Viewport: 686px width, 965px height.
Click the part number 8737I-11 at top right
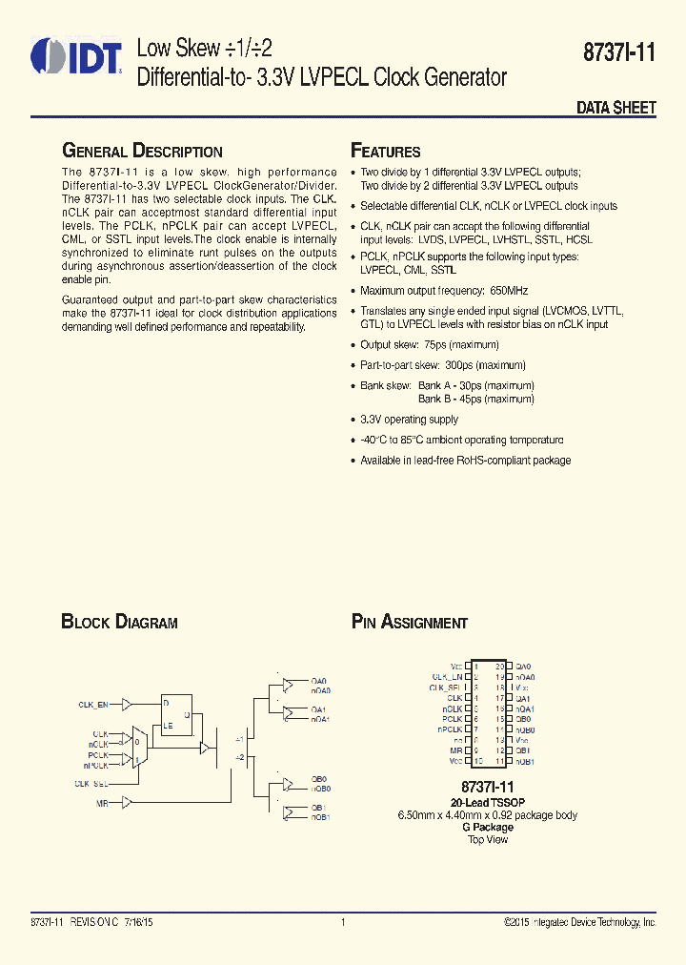[x=619, y=54]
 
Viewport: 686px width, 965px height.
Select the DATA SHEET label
[x=615, y=108]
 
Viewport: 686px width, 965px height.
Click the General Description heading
[x=142, y=152]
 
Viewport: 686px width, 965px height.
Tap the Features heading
[x=386, y=152]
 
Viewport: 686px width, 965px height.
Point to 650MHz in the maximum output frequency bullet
[x=509, y=291]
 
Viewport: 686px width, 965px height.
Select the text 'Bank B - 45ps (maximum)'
[x=475, y=399]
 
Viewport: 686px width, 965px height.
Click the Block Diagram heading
[x=119, y=623]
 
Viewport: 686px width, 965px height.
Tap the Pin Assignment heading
[x=410, y=623]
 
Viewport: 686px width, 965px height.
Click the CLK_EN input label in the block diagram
[x=92, y=705]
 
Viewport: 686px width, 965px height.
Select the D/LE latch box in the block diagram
[x=177, y=714]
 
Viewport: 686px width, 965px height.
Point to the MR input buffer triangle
[x=129, y=803]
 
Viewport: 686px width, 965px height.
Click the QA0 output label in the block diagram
[x=320, y=681]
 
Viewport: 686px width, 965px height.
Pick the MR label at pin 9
[x=456, y=750]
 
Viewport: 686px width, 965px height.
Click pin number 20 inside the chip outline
[x=499, y=667]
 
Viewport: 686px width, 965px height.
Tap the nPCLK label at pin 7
[x=450, y=729]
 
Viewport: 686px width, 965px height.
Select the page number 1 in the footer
[x=342, y=923]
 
